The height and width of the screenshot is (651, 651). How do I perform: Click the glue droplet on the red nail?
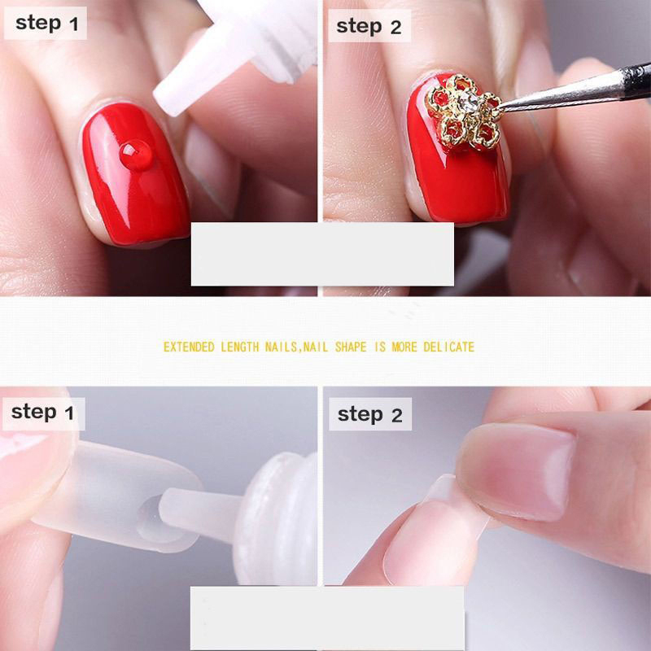pyautogui.click(x=136, y=155)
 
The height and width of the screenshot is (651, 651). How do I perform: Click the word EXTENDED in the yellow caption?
pyautogui.click(x=189, y=347)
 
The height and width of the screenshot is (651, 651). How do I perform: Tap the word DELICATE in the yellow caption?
pyautogui.click(x=449, y=347)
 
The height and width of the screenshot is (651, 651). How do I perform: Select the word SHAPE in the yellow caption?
pyautogui.click(x=351, y=347)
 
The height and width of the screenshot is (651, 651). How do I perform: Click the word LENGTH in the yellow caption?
pyautogui.click(x=239, y=347)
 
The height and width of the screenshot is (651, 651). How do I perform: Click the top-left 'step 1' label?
pyautogui.click(x=46, y=24)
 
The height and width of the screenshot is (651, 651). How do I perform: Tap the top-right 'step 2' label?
pyautogui.click(x=369, y=26)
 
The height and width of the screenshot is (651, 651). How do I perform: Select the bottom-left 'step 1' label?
pyautogui.click(x=44, y=413)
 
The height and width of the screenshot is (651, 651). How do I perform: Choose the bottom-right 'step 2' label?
pyautogui.click(x=370, y=414)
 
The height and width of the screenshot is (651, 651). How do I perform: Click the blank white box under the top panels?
pyautogui.click(x=322, y=254)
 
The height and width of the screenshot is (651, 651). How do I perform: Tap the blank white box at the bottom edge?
pyautogui.click(x=327, y=618)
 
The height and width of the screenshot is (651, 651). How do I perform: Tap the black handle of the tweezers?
pyautogui.click(x=636, y=81)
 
